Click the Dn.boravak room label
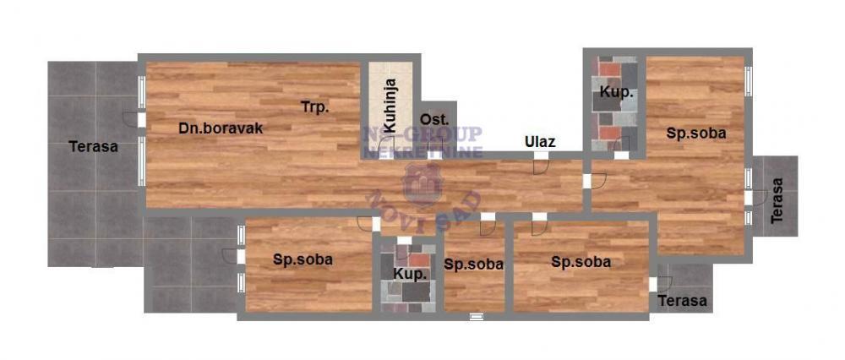click(x=221, y=129)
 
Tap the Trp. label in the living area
click(x=316, y=107)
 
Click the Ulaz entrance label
click(x=540, y=142)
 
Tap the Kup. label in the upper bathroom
click(x=617, y=92)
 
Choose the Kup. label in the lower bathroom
click(x=409, y=275)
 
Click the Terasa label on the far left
click(x=93, y=147)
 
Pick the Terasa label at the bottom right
click(x=683, y=301)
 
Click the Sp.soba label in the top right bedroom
click(x=696, y=134)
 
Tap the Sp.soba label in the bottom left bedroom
click(x=303, y=259)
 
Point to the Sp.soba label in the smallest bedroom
click(x=474, y=264)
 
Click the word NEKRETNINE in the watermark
click(x=422, y=153)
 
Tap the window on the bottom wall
click(x=477, y=316)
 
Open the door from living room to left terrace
click(x=135, y=120)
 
